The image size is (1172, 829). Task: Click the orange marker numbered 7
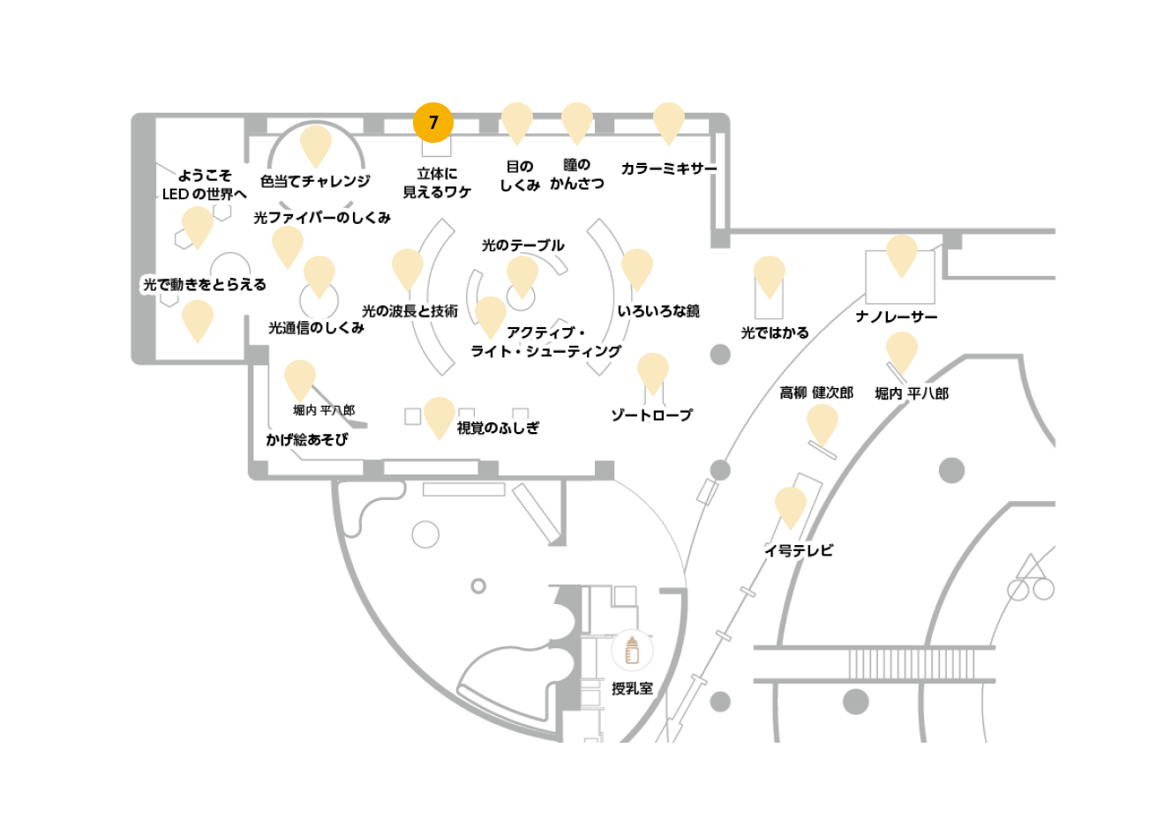coord(433,123)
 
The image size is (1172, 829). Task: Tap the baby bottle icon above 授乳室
coord(632,650)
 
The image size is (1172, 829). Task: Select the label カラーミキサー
coord(668,168)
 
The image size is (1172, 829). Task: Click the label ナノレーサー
coord(897,317)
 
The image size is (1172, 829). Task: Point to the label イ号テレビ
coord(799,551)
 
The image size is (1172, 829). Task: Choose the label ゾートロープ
coord(652,415)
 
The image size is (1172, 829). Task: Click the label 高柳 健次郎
coord(816,392)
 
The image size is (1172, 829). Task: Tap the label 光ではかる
coord(775,332)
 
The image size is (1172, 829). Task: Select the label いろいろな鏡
coord(658,311)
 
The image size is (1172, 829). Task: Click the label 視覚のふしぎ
coord(498,428)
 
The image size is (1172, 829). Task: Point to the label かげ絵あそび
coord(306,439)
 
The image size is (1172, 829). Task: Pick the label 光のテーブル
coord(522,245)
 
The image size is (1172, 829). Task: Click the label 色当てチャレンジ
coord(315,182)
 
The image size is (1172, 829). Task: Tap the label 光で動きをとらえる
coord(205,284)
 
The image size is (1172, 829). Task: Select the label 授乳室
coord(632,689)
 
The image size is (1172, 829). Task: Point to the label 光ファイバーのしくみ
coord(322,218)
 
